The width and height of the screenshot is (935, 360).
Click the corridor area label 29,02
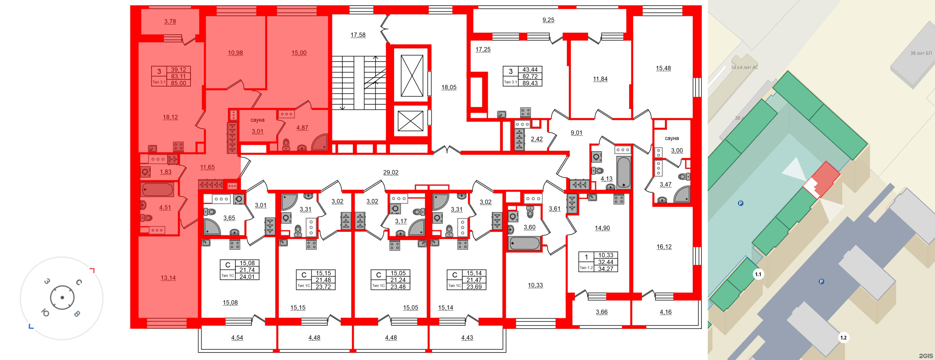pos(391,173)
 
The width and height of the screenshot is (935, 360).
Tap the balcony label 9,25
pos(548,20)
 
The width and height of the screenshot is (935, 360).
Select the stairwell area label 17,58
pos(358,35)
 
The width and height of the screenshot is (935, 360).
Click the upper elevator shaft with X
pos(412,76)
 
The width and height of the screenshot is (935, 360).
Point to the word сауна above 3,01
pos(257,120)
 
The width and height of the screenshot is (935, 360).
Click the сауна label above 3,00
pos(672,138)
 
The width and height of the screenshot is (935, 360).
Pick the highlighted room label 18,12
pos(170,117)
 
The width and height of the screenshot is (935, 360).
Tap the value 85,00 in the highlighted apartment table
pos(178,83)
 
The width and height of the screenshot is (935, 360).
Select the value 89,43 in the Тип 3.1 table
pos(530,83)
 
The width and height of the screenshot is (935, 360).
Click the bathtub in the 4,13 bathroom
pos(624,173)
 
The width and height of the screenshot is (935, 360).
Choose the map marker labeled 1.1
pos(758,274)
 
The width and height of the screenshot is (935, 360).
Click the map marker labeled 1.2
pos(843,338)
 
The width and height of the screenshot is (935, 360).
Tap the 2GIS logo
pos(925,356)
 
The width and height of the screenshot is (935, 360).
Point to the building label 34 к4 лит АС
pos(744,67)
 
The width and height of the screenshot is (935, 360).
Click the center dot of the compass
pos(62,297)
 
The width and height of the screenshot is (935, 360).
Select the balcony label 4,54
pos(237,338)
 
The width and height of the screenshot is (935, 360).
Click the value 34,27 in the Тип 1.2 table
pos(605,269)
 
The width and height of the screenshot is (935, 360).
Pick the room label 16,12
pos(664,247)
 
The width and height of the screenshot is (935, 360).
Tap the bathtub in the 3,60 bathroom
pos(524,244)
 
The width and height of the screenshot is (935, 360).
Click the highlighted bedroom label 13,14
pos(168,278)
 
